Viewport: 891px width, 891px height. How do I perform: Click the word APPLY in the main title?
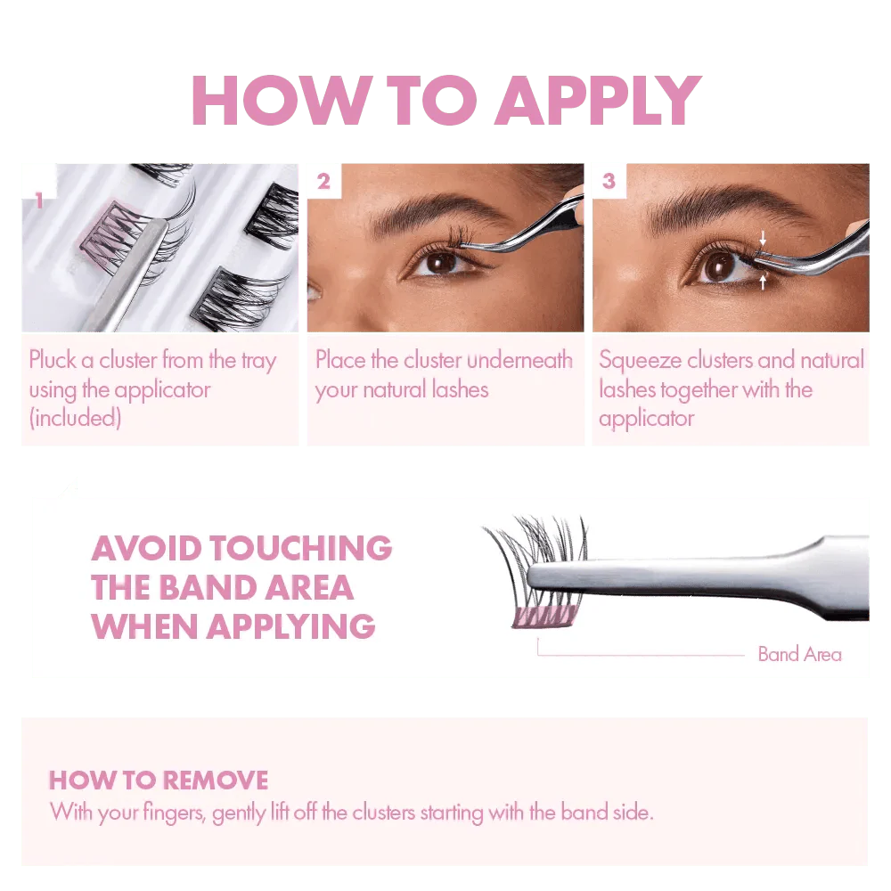(599, 100)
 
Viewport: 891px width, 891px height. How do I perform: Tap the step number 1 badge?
(38, 199)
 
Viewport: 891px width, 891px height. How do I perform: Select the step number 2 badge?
(324, 181)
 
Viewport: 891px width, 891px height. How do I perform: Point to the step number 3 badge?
(609, 181)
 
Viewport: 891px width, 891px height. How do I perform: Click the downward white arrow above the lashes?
(763, 238)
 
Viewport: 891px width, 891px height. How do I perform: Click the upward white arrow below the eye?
(763, 281)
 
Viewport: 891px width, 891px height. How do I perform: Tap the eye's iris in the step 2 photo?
(441, 263)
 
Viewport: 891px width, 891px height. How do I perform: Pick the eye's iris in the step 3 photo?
(719, 266)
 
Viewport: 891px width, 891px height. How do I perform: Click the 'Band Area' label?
(799, 654)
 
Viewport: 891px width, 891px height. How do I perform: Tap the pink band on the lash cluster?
(544, 617)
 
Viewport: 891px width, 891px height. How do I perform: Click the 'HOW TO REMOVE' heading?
(159, 781)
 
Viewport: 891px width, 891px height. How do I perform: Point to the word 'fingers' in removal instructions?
(174, 813)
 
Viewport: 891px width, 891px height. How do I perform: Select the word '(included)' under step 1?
(75, 418)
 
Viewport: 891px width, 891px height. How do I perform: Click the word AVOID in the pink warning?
(147, 548)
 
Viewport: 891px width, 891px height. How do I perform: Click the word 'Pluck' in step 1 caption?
(53, 360)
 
